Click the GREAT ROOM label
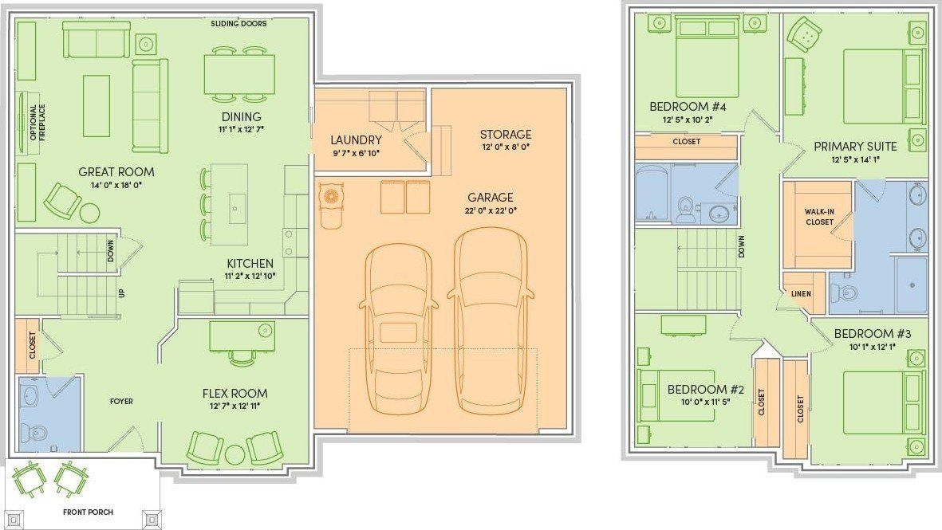coord(116,171)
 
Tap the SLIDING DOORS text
coord(238,23)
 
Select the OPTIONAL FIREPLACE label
coord(37,123)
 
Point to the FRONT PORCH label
coord(89,512)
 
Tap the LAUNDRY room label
coord(357,139)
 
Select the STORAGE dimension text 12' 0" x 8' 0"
coord(505,147)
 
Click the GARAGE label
coord(491,197)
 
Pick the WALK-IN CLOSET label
coord(819,217)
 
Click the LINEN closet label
coord(801,293)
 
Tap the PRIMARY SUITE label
coord(855,147)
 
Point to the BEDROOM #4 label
coord(688,107)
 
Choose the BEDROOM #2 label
coord(706,390)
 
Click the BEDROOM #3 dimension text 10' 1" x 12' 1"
coord(873,347)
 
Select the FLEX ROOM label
coord(235,393)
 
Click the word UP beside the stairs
coord(122,293)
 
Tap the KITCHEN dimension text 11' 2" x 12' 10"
coord(250,276)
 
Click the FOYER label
coord(121,401)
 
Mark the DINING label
coord(242,117)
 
